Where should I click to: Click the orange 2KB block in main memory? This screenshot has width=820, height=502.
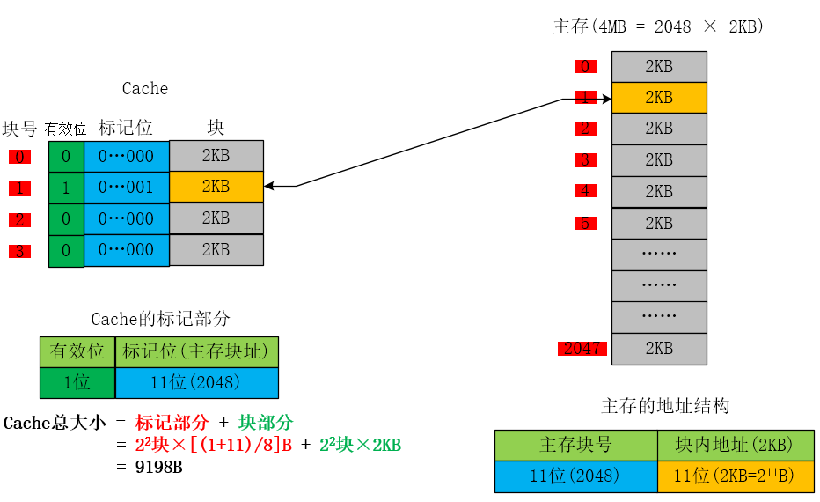tap(659, 98)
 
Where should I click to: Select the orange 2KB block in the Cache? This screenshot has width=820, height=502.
tap(216, 187)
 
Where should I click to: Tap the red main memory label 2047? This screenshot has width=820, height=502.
tap(582, 349)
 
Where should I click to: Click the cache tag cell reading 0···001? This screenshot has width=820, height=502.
tap(126, 187)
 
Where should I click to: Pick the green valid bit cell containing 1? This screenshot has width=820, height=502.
tap(66, 187)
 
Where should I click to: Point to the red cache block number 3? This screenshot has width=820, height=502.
tap(19, 251)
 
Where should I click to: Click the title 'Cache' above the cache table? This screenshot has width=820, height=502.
tap(145, 88)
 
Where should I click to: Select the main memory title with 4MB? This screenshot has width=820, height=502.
tap(658, 26)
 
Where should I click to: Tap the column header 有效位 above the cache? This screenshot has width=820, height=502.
tap(66, 129)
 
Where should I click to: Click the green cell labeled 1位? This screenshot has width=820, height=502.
tap(77, 383)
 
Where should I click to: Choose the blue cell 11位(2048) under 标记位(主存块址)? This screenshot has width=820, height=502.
tap(196, 383)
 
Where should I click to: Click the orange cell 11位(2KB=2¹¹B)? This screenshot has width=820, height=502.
tap(735, 476)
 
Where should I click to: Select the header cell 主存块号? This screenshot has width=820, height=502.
tap(575, 445)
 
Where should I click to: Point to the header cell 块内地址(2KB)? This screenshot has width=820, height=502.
tap(735, 445)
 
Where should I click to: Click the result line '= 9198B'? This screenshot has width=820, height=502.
tap(149, 467)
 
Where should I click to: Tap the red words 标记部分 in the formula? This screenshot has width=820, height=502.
tap(172, 423)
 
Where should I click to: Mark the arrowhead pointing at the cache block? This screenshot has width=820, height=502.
tap(268, 186)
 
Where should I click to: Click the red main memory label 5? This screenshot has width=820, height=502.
tap(585, 223)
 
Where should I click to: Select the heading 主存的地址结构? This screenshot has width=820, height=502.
tap(665, 406)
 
